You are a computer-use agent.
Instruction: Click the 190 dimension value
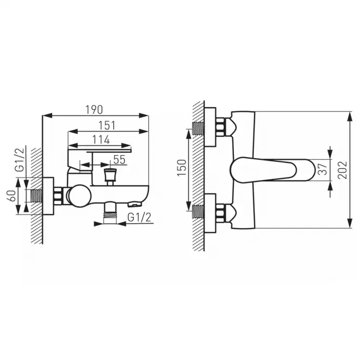(x=94, y=110)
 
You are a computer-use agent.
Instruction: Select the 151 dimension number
(x=107, y=126)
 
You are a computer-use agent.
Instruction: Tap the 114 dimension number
(x=101, y=140)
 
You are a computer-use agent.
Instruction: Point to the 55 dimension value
(x=120, y=160)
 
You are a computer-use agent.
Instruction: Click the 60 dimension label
(x=12, y=195)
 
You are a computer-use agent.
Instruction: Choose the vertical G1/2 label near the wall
(x=19, y=160)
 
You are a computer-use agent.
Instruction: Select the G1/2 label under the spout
(x=139, y=217)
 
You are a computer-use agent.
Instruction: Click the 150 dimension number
(x=182, y=168)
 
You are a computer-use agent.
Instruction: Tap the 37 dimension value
(x=323, y=169)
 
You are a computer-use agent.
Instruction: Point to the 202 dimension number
(x=342, y=170)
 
